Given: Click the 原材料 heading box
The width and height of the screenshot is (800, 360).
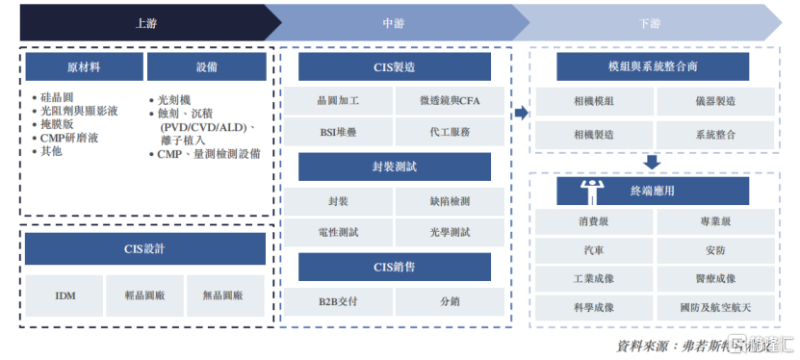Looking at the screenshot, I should coord(84,66).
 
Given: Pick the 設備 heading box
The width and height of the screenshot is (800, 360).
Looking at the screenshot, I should coord(206,66).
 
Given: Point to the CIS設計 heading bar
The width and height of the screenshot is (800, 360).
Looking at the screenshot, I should coord(145,249).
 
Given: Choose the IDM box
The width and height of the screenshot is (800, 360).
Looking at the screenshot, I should coord(65,296).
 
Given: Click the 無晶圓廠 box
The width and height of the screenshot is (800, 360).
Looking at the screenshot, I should coord(225,296).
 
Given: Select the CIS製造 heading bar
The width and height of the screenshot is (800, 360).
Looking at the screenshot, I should coord(395,66).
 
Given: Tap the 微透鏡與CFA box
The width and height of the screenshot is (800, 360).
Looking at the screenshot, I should coord(450,100).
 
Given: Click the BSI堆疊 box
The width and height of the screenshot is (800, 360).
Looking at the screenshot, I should coord(337,132).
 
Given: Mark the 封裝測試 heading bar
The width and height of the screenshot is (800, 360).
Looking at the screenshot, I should coord(395,167).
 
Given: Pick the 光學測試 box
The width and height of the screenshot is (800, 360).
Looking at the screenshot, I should coord(450,232).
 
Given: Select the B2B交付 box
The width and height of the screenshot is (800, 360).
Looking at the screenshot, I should coord(337,301).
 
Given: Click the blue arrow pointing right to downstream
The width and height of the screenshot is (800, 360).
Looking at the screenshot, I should coord(521,114).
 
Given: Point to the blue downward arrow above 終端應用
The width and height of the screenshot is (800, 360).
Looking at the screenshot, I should coord(652,162).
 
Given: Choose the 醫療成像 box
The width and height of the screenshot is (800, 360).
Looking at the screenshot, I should coord(714,279).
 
